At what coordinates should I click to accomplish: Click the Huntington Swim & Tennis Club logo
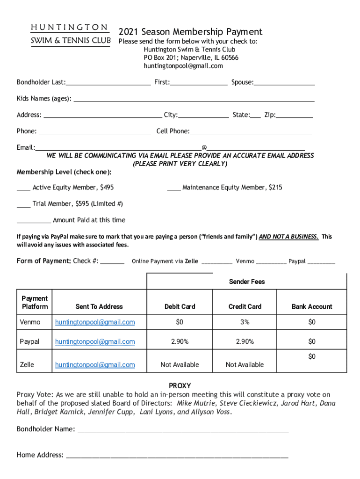71,34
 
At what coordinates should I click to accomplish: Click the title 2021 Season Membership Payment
190,32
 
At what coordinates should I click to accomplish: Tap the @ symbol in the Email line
204,148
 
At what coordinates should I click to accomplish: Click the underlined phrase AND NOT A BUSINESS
288,237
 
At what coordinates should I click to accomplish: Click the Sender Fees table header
246,282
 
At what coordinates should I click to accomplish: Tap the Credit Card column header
245,307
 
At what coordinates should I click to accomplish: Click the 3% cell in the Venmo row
245,322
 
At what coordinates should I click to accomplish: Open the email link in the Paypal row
95,342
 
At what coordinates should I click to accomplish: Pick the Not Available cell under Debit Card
180,365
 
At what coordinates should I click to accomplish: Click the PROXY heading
180,386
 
